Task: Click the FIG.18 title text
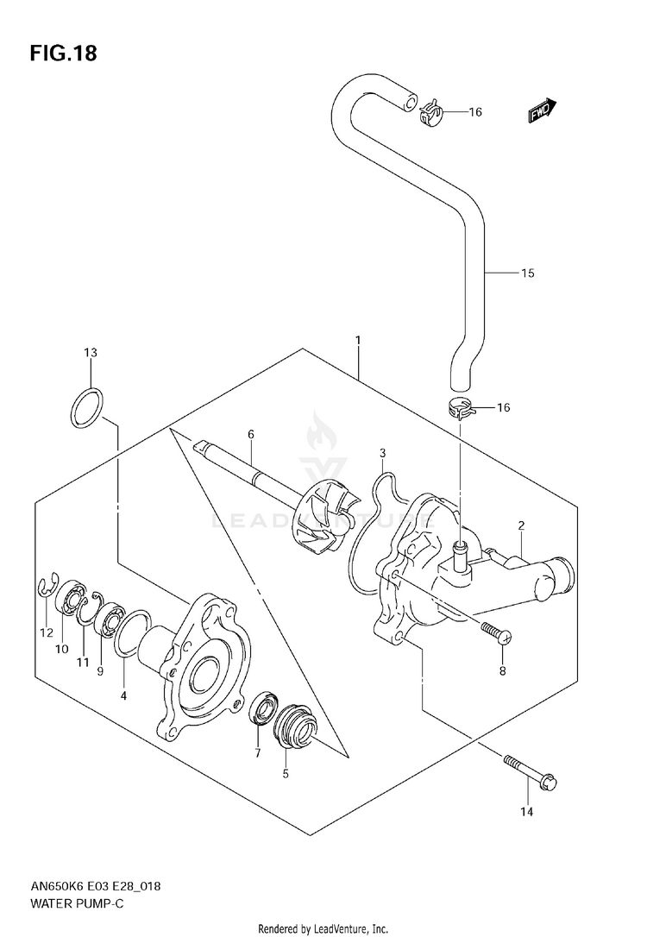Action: click(x=63, y=53)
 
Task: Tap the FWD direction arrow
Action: click(x=543, y=109)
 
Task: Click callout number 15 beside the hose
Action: click(x=527, y=274)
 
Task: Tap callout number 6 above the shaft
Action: click(x=250, y=435)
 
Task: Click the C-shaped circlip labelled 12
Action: click(x=46, y=588)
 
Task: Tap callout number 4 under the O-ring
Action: click(x=123, y=695)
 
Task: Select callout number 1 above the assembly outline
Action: click(x=357, y=342)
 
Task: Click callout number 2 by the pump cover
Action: click(x=522, y=525)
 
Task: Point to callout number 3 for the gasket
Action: click(x=382, y=453)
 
